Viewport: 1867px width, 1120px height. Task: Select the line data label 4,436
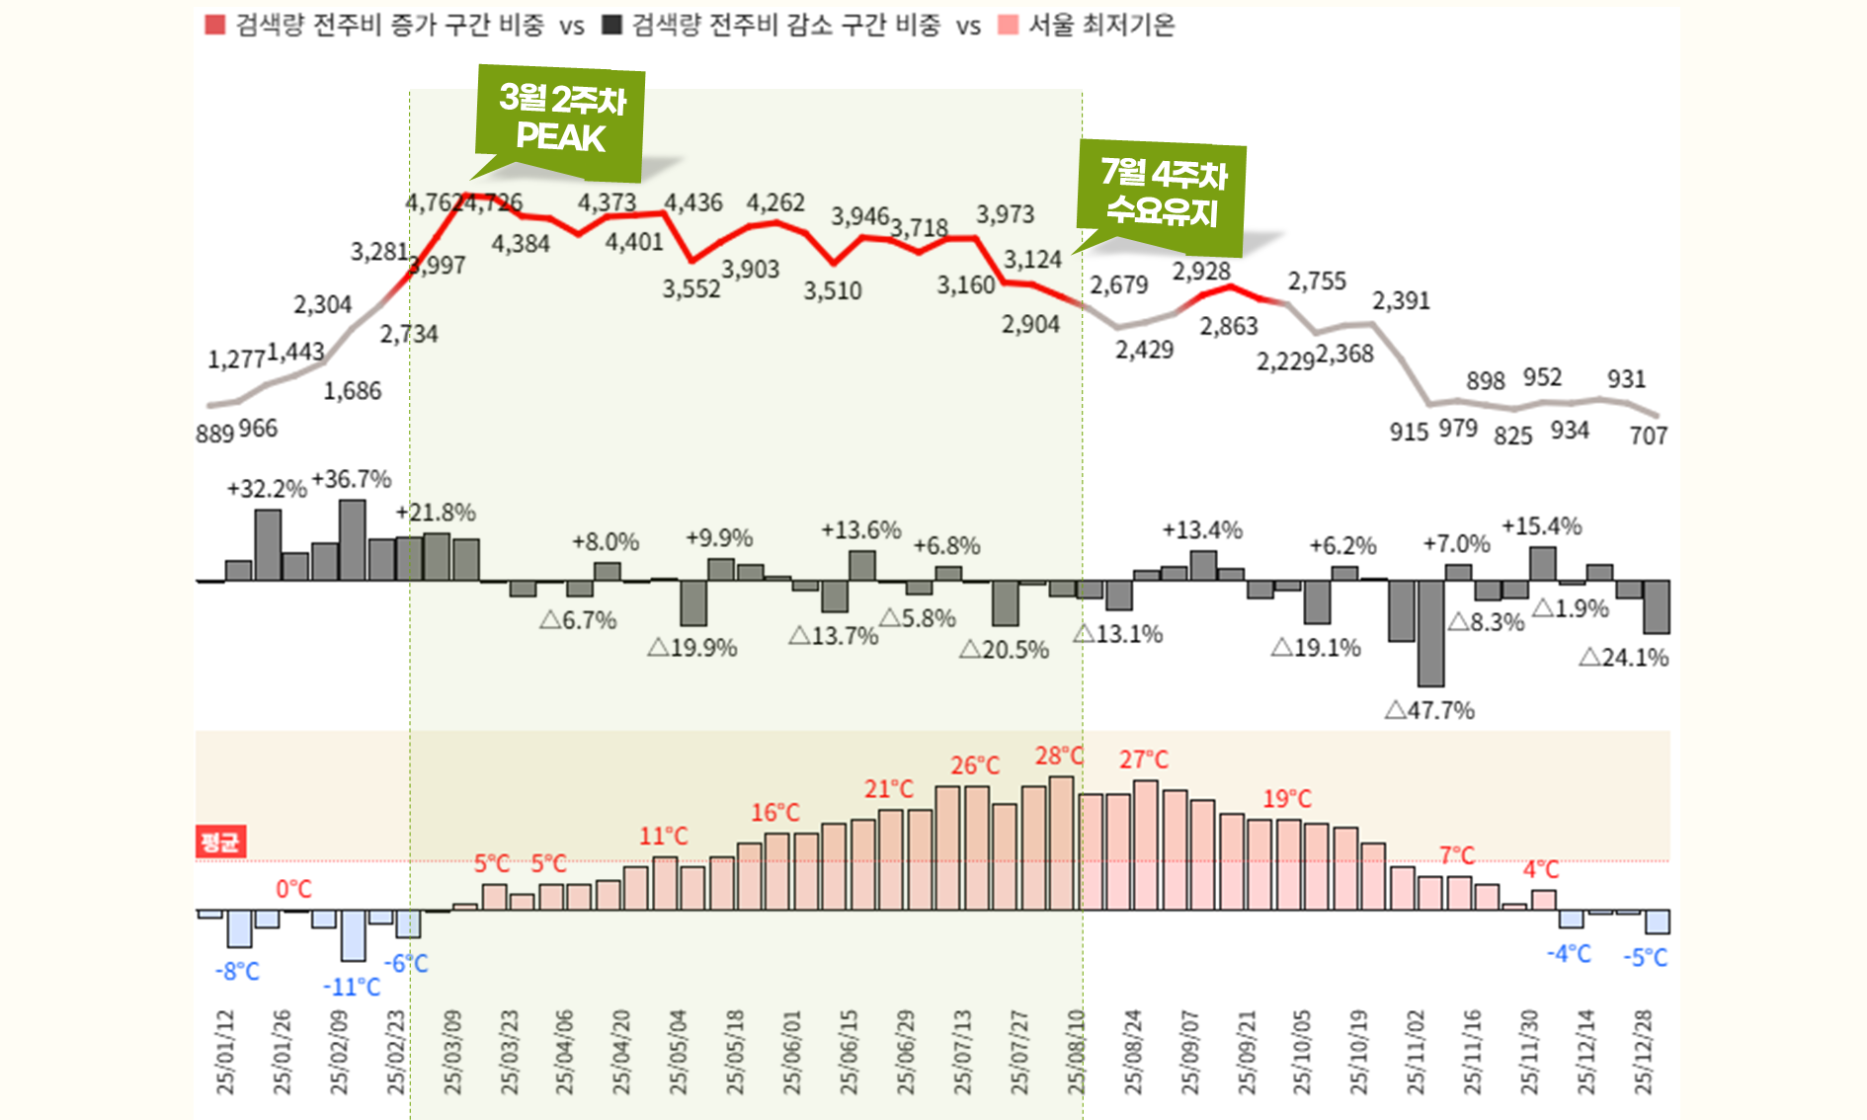click(692, 202)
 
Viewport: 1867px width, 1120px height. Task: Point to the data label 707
click(1648, 436)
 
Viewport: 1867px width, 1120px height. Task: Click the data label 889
click(214, 434)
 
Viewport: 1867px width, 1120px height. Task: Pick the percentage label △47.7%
click(1429, 710)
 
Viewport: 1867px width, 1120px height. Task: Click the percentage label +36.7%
click(352, 480)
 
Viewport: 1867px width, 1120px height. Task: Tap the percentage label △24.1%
click(1624, 658)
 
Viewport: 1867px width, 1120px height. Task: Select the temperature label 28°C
click(1059, 757)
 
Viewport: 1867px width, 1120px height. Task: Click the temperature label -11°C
click(352, 987)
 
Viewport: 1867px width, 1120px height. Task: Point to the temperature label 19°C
click(1287, 799)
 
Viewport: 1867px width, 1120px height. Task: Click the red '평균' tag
click(219, 841)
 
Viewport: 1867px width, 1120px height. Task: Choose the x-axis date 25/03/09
click(452, 1052)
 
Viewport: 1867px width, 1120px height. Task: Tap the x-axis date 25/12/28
click(1643, 1052)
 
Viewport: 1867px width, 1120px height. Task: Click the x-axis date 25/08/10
click(1076, 1052)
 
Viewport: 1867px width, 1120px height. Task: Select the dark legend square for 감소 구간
click(611, 25)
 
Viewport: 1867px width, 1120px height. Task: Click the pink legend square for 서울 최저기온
click(1008, 25)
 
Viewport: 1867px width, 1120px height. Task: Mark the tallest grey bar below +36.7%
click(353, 539)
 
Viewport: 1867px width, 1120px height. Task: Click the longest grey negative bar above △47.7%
click(1430, 632)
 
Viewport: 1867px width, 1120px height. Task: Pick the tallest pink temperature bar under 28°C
click(1061, 842)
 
